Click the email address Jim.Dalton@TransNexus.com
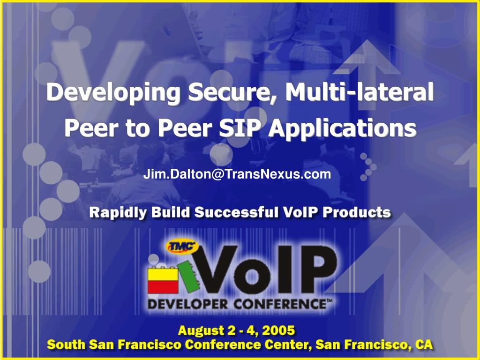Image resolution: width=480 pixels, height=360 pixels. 237,175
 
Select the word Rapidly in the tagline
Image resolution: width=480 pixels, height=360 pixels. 117,213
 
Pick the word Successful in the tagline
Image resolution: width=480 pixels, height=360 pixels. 237,212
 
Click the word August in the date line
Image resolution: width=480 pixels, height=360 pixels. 202,331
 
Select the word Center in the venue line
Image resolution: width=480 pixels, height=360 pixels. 287,345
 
